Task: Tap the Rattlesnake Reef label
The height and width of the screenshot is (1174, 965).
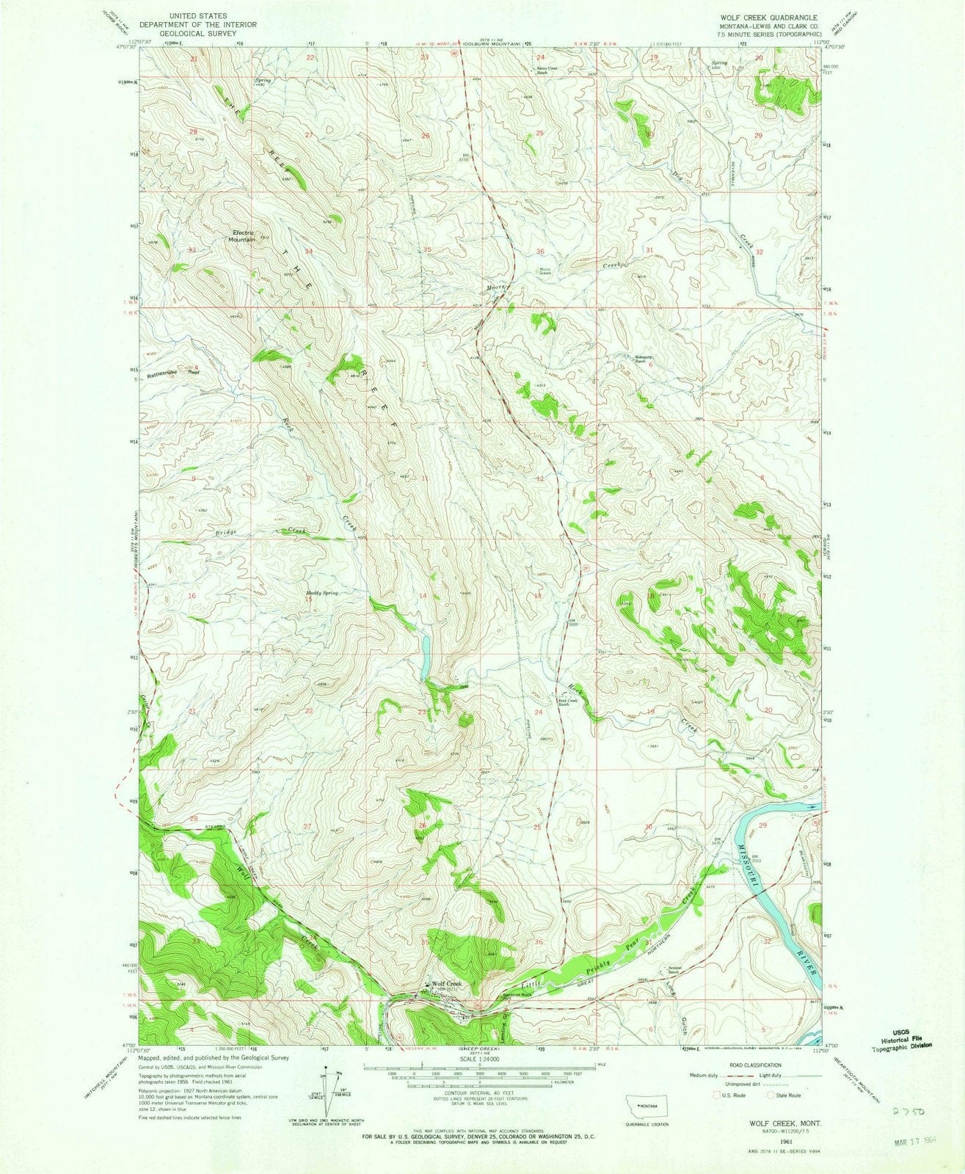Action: pyautogui.click(x=174, y=373)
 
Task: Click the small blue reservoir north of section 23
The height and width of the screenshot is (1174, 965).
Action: pyautogui.click(x=425, y=656)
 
